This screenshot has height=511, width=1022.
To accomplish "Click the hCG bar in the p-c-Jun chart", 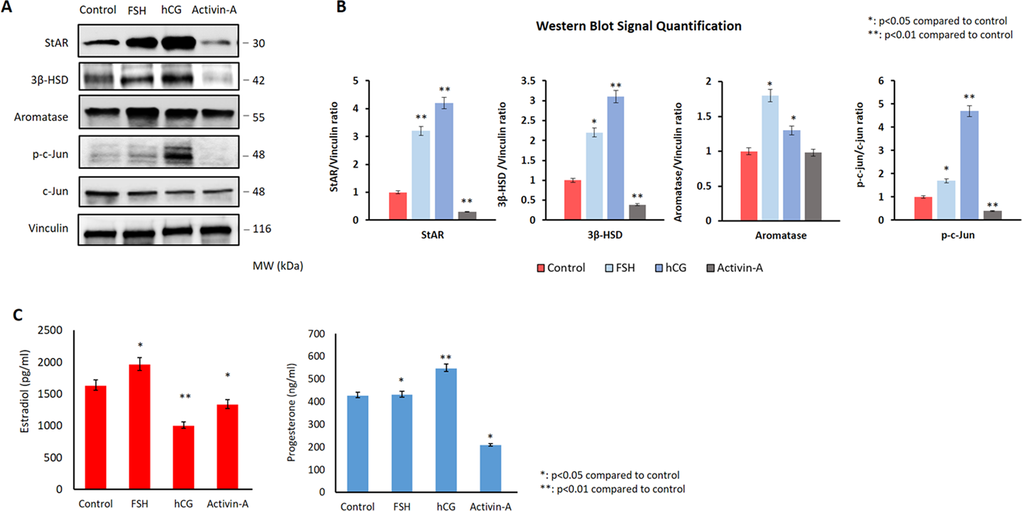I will coord(969,165).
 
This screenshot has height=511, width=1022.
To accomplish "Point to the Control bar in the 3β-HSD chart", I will coord(572,200).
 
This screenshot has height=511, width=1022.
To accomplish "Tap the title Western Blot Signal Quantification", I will coord(638,26).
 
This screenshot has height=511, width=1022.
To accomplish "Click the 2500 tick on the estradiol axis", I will coord(50,330).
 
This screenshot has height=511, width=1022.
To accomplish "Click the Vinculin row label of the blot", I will coord(48,228).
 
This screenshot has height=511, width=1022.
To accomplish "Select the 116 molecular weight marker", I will coord(261,229).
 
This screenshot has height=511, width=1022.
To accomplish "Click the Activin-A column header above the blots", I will coord(214,10).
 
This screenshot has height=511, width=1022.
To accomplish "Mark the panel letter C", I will coord(18,315).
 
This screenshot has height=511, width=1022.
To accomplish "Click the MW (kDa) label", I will coord(278,266).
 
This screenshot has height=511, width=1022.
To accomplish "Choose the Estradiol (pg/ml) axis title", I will coord(24,391).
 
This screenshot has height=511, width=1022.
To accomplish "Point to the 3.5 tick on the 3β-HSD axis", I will coord(528,81).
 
